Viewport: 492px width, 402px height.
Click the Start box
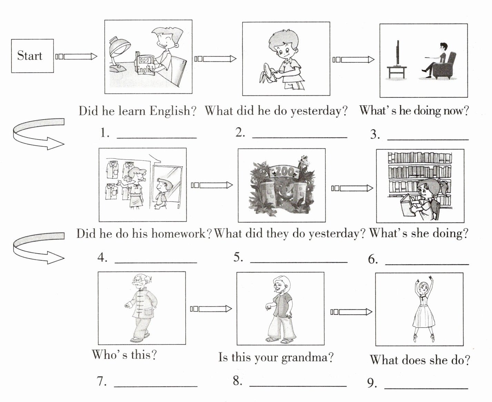pos(32,56)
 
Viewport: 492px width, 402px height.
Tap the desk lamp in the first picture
pos(119,52)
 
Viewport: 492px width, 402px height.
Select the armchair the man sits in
pos(445,67)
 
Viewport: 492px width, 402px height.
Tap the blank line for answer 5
pos(298,262)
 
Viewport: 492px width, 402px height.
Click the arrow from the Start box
pos(76,56)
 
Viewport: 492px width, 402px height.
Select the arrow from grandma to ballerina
pos(351,312)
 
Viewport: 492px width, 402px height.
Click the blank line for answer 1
pos(157,137)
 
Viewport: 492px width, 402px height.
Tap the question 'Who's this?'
pos(124,354)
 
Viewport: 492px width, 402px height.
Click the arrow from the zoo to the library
pos(352,188)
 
